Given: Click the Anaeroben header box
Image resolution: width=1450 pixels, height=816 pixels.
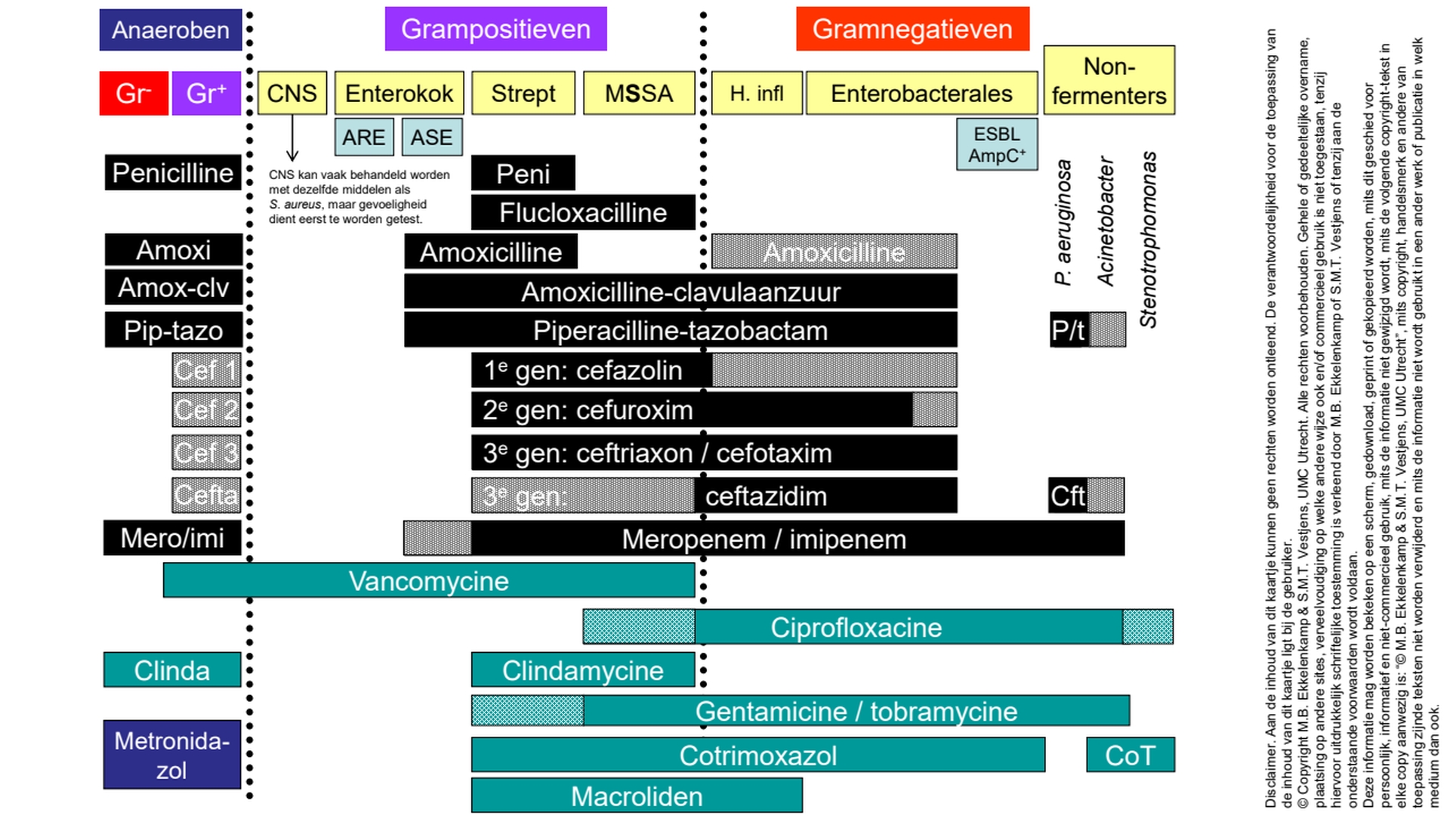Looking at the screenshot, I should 171,30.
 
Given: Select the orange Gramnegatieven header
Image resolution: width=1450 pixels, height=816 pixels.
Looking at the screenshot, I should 912,29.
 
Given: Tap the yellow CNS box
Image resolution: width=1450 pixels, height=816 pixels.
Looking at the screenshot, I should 292,93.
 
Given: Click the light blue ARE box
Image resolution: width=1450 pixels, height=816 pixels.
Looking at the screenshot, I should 364,138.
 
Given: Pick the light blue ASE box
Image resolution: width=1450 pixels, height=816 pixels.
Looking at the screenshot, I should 432,138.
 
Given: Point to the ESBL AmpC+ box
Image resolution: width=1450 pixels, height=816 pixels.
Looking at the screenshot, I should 997,144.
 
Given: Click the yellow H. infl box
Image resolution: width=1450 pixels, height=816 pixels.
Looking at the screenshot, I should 757,93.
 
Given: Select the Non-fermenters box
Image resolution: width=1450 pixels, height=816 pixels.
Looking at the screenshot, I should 1109,81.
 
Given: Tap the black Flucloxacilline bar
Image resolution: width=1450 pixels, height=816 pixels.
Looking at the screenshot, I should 583,213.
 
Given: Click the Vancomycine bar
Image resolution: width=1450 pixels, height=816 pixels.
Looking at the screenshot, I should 429,581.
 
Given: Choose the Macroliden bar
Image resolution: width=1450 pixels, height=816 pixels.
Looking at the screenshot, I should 637,796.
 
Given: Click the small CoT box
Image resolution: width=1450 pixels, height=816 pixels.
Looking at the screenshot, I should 1131,755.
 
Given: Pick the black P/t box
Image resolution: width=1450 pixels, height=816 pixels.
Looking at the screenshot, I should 1069,330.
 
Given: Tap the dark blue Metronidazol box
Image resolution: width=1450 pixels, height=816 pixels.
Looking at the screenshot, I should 172,755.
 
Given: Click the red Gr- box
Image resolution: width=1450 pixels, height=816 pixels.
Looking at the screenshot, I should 134,94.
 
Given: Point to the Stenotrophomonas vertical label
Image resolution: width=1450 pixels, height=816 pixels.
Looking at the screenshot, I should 1149,240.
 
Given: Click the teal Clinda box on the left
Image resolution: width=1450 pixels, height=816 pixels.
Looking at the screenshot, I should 172,670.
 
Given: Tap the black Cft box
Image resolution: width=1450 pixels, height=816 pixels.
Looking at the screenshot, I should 1067,496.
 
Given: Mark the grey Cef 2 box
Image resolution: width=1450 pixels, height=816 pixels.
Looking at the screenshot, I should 206,410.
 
